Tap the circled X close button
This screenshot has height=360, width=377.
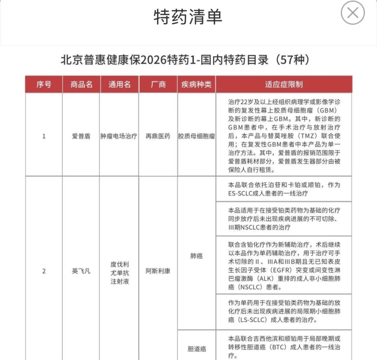(353, 13)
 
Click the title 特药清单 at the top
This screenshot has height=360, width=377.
(188, 16)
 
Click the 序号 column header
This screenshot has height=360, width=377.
(44, 85)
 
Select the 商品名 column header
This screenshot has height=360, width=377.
(81, 85)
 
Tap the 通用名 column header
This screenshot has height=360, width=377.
(119, 85)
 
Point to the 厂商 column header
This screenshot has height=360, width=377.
(158, 85)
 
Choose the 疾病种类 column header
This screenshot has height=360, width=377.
(196, 85)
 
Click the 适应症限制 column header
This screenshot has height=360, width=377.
(283, 85)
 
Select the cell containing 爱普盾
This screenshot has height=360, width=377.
(81, 136)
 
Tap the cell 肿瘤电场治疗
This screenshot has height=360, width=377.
(119, 136)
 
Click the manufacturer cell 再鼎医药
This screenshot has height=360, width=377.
(158, 136)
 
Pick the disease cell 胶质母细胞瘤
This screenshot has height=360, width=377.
(196, 136)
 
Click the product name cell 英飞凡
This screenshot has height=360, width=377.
(81, 271)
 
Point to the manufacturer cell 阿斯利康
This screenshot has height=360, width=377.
(158, 271)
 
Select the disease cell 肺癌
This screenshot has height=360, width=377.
(196, 256)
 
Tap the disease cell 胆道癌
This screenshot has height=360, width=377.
(196, 348)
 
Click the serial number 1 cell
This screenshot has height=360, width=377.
(44, 136)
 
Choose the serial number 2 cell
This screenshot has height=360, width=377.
(44, 271)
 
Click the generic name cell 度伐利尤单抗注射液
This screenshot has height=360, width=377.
(119, 273)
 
